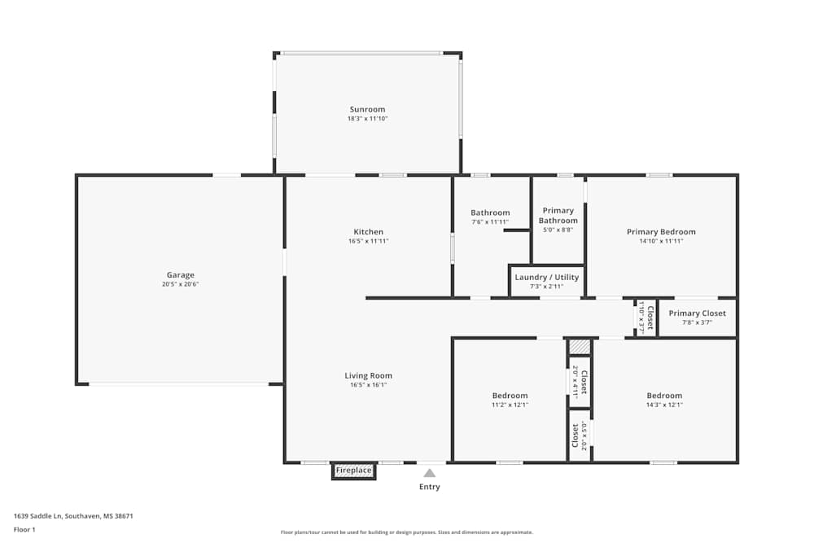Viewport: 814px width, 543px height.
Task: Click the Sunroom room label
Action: (x=367, y=109)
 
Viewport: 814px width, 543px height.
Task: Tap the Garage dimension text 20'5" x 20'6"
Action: (x=180, y=285)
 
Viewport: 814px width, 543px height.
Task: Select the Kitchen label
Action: (x=368, y=232)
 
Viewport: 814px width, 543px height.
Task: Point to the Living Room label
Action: (x=368, y=376)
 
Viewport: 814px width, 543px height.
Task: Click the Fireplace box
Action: (x=354, y=471)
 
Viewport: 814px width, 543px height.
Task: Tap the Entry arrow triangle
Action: (x=429, y=472)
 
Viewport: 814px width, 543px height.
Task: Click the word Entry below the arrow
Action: (x=429, y=487)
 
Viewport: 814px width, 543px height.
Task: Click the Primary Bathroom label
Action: (x=558, y=216)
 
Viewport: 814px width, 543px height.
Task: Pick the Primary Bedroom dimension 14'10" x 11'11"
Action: (x=661, y=241)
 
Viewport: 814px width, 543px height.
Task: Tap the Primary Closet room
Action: (x=697, y=317)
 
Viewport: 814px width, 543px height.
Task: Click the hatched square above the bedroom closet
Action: (x=579, y=347)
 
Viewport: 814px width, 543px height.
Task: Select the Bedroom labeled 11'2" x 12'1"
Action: (x=510, y=400)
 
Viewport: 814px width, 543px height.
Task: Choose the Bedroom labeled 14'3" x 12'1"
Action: (x=664, y=400)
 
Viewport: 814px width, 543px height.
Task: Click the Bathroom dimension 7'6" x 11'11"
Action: (x=490, y=222)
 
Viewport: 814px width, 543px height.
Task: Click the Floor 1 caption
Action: (x=24, y=529)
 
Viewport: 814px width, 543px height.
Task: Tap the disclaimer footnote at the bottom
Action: (x=407, y=532)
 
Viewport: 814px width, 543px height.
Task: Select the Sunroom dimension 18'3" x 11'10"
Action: (x=367, y=119)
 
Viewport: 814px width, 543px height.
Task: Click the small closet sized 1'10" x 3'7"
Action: (x=646, y=317)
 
